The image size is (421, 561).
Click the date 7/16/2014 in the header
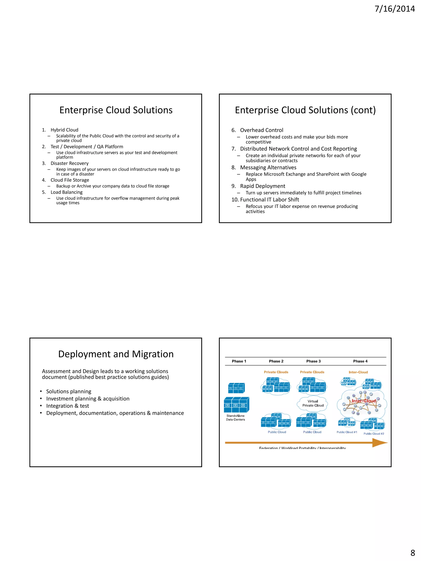pyautogui.click(x=395, y=9)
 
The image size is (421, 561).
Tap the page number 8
pyautogui.click(x=413, y=552)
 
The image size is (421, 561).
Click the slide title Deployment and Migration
pyautogui.click(x=116, y=354)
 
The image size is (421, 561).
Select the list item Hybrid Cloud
pyautogui.click(x=65, y=130)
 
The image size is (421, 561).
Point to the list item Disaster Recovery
pyautogui.click(x=69, y=163)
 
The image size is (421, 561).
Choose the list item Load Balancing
pyautogui.click(x=66, y=192)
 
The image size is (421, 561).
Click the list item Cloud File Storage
pyautogui.click(x=70, y=180)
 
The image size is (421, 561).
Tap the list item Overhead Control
pyautogui.click(x=262, y=130)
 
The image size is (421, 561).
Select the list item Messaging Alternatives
pyautogui.click(x=268, y=167)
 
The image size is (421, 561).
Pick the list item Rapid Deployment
pyautogui.click(x=263, y=186)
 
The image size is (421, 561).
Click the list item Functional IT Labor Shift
pyautogui.click(x=269, y=200)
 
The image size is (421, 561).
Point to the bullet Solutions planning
pyautogui.click(x=69, y=391)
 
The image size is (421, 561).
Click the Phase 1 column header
pyautogui.click(x=239, y=361)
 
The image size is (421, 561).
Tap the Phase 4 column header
pyautogui.click(x=360, y=361)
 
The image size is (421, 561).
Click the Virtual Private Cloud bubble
pyautogui.click(x=313, y=403)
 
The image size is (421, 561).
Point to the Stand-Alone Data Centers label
pyautogui.click(x=236, y=417)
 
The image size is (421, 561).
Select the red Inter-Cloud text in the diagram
pyautogui.click(x=364, y=401)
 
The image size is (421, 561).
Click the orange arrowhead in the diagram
pyautogui.click(x=380, y=443)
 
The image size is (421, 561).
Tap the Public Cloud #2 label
pyautogui.click(x=374, y=434)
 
